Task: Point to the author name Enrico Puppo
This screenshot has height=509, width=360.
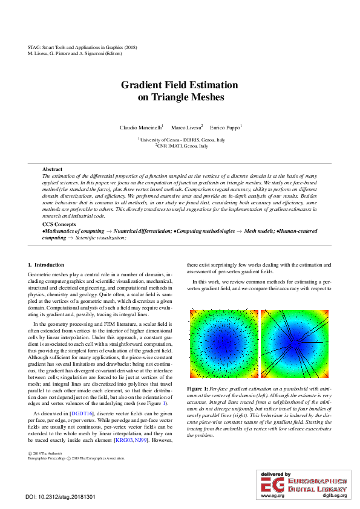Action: [224, 128]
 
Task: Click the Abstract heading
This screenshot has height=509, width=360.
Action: [52, 169]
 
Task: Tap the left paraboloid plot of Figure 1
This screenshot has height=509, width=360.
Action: [224, 345]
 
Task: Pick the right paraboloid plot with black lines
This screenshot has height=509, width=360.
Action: [295, 345]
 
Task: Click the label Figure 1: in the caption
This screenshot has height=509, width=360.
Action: [197, 387]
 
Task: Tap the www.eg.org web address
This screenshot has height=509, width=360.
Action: [272, 496]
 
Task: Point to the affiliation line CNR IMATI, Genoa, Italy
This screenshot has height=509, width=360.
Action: [182, 146]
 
